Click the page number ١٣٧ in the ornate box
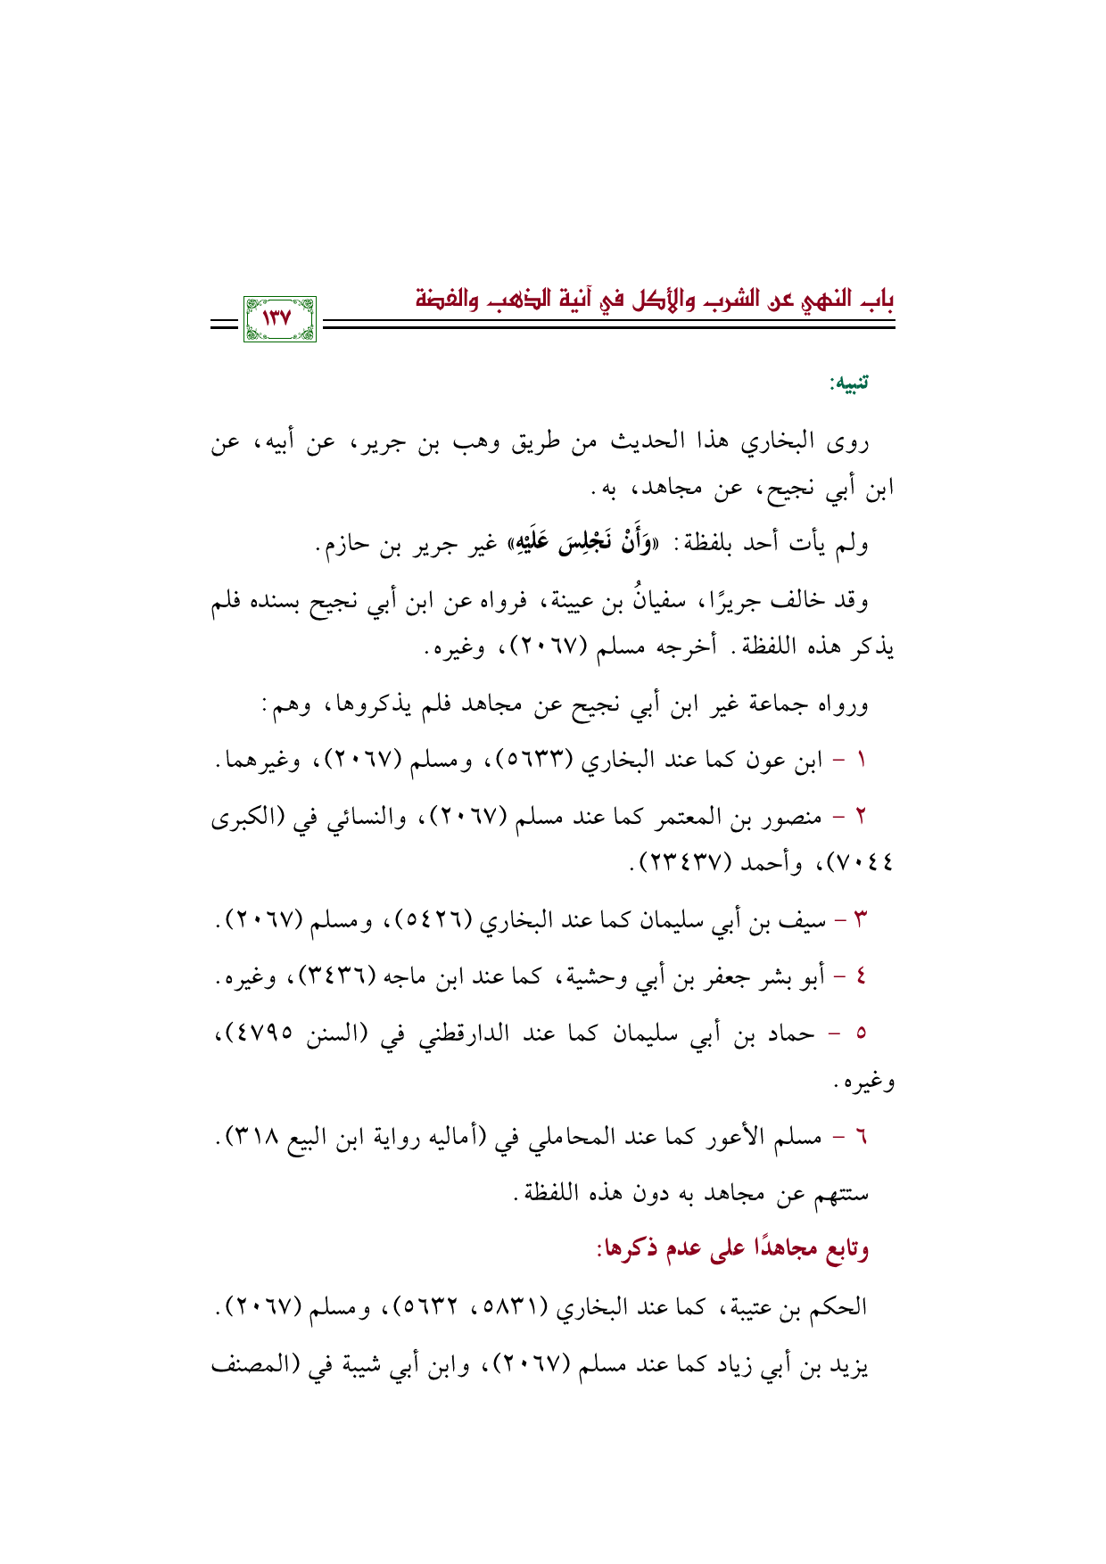[279, 317]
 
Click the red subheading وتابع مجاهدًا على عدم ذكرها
[732, 1249]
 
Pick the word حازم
[341, 546]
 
